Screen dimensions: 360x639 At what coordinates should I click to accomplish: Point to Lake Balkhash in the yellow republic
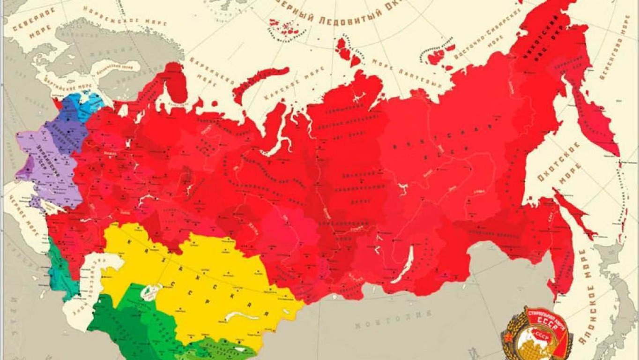point(244,316)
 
